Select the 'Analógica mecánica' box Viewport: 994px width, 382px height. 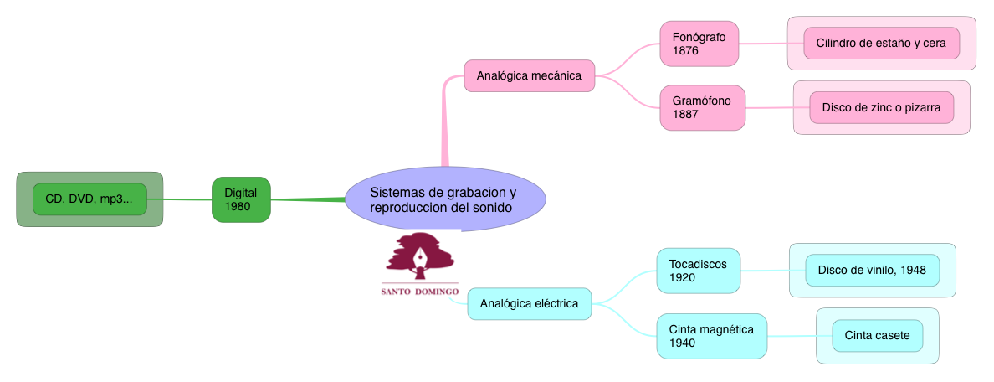tap(529, 75)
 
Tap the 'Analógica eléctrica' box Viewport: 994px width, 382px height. tap(529, 303)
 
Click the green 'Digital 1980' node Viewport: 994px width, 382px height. tap(241, 199)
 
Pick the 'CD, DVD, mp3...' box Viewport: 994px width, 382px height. tap(90, 199)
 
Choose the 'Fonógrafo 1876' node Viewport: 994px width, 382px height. tap(699, 44)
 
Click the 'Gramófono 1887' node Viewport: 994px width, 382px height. tap(702, 107)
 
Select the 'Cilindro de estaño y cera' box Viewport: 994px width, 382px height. tap(881, 43)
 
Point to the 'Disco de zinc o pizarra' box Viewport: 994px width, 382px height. tap(881, 107)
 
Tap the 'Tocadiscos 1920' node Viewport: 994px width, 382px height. tap(699, 271)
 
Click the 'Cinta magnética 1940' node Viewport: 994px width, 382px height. tap(712, 336)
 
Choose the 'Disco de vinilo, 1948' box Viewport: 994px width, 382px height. tap(872, 270)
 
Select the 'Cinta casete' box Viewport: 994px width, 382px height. tap(877, 336)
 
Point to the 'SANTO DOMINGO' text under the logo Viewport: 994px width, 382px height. tap(420, 292)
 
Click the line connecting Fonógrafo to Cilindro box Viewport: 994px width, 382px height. tap(763, 44)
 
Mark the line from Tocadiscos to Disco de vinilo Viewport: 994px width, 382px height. tap(765, 271)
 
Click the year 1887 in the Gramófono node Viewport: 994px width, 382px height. tap(685, 114)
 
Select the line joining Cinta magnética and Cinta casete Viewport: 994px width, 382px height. tap(792, 336)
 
